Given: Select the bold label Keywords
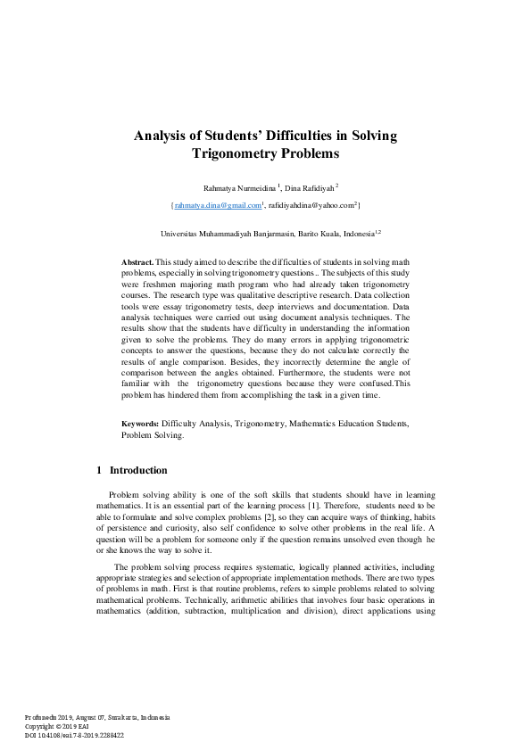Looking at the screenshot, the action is pos(140,425).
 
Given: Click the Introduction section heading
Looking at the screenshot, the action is pos(137,470).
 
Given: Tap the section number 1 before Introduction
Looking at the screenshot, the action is pos(98,470).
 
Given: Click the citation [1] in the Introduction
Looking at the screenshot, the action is pos(315,506).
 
